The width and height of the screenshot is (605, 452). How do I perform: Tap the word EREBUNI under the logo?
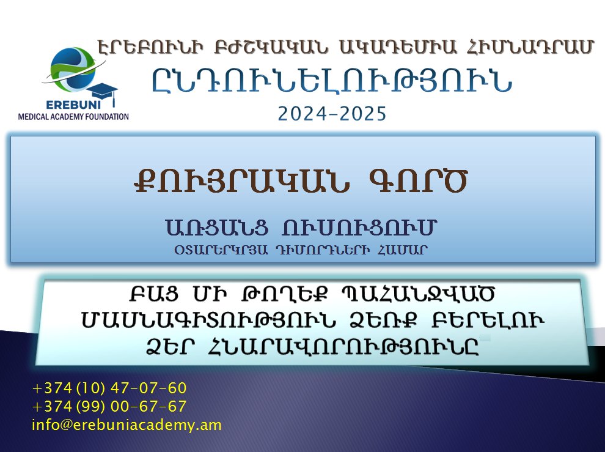tap(73, 105)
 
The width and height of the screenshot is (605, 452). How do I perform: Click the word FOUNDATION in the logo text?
tap(107, 117)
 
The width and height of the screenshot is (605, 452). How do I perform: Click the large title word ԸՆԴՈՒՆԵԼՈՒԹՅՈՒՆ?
tap(332, 81)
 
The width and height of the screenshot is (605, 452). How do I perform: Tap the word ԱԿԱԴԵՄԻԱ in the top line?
tap(398, 46)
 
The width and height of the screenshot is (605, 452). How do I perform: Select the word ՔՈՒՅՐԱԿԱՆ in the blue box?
tap(242, 181)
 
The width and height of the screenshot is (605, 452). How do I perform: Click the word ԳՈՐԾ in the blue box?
tap(418, 181)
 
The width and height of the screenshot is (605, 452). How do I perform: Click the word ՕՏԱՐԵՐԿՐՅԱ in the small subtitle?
tap(221, 250)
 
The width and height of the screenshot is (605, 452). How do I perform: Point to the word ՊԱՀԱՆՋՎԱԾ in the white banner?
tap(418, 294)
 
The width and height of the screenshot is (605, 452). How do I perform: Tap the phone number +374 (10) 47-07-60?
tap(109, 388)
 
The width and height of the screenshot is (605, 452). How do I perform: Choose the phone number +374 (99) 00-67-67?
tap(109, 406)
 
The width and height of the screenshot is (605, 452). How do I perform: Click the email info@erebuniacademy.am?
tap(127, 425)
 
